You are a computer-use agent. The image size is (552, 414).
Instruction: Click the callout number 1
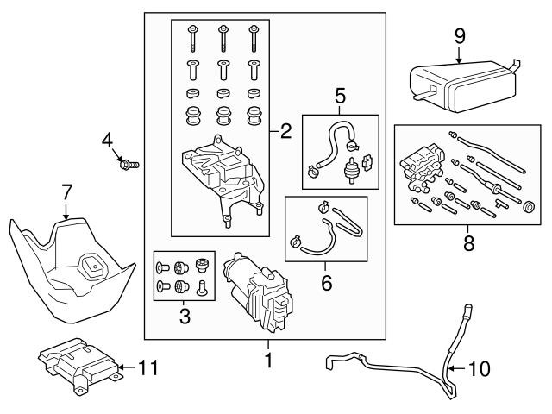tap(267, 360)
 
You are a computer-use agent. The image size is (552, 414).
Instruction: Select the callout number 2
tap(286, 131)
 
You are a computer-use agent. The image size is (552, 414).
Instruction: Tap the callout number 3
tap(184, 317)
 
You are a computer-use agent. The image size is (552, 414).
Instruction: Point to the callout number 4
tap(108, 139)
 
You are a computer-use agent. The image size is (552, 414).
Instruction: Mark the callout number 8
tap(468, 244)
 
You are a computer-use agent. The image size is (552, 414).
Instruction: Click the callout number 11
tap(148, 367)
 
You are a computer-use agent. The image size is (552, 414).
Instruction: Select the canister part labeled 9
tap(457, 82)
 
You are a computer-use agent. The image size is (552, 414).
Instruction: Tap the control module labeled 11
tap(78, 362)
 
